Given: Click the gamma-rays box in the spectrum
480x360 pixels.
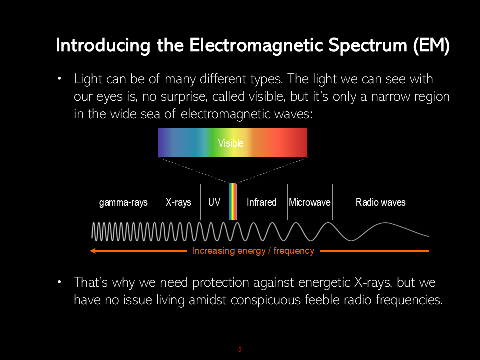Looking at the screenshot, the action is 124,202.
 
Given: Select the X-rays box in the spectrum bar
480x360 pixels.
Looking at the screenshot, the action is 179,202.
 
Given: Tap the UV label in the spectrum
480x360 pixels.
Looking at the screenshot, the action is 214,202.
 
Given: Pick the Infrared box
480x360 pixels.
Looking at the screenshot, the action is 262,202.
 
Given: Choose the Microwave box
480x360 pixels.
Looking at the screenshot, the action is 310,202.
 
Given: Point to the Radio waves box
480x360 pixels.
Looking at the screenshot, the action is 381,202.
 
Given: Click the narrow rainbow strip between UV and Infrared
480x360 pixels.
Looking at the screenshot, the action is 233,201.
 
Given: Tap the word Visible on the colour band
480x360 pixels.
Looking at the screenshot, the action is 231,143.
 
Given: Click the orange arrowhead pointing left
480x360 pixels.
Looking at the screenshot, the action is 93,251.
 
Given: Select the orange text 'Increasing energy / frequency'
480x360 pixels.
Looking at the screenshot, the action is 253,251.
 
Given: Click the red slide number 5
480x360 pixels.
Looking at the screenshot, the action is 240,349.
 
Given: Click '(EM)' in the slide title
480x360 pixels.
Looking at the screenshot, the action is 431,45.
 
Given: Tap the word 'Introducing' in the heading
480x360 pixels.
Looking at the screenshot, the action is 103,45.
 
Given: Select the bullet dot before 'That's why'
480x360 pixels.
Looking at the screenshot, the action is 59,282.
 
